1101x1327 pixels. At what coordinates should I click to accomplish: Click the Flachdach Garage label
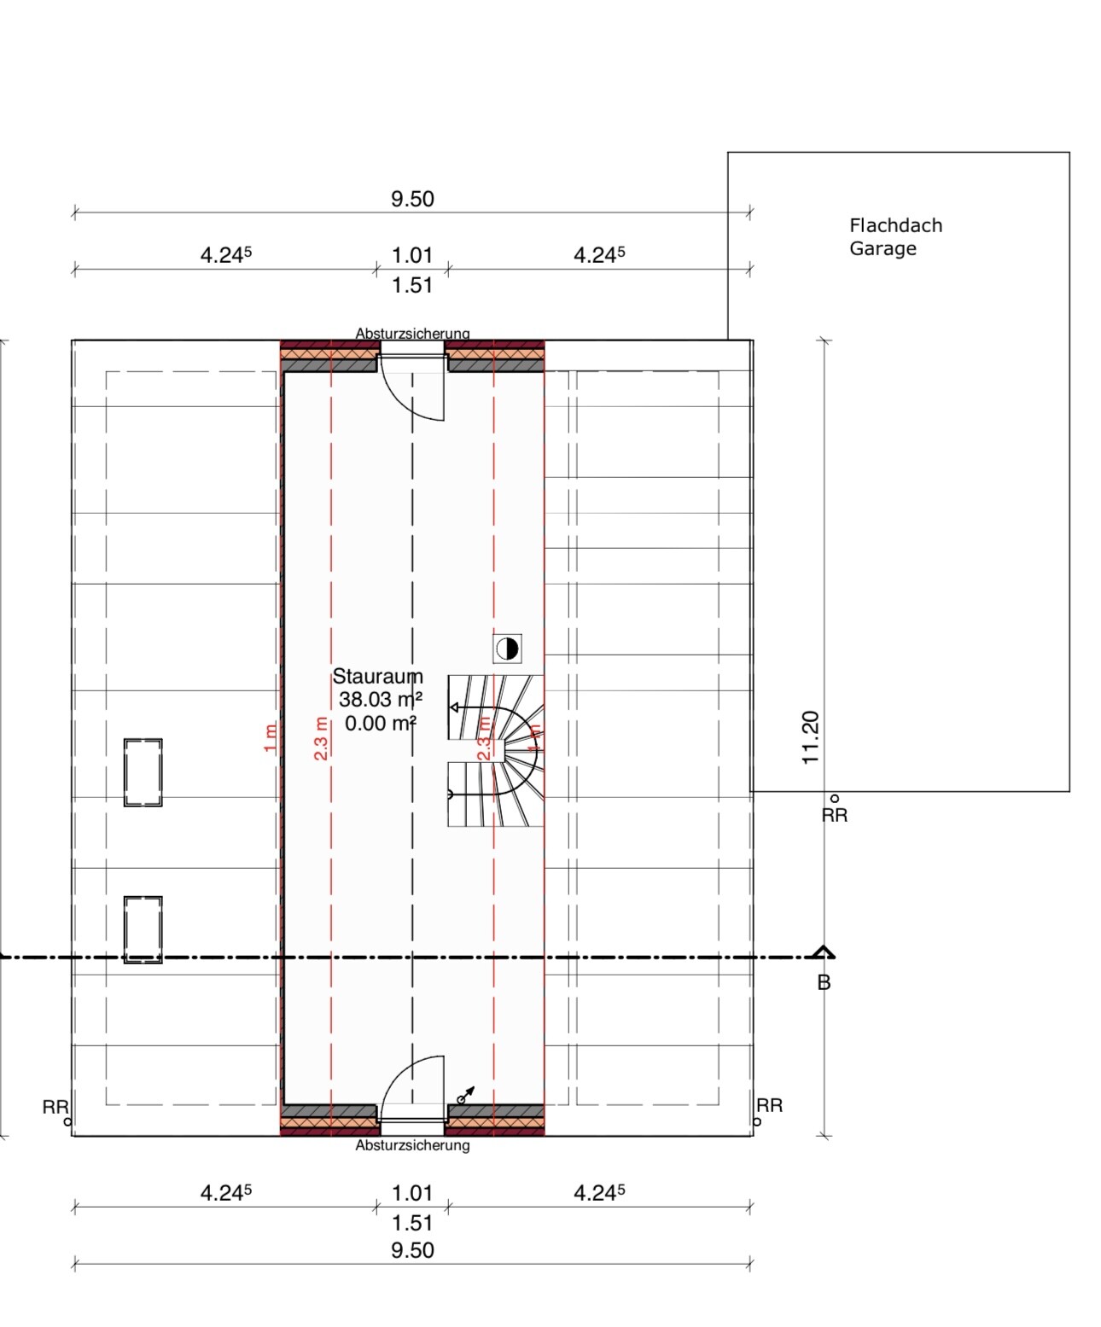click(x=895, y=236)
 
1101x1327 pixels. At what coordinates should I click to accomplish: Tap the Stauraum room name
click(x=377, y=676)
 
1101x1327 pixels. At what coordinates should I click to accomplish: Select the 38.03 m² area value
click(x=380, y=700)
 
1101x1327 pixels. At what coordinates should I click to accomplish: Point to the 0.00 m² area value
click(x=380, y=724)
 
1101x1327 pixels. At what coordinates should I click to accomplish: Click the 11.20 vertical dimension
click(x=811, y=737)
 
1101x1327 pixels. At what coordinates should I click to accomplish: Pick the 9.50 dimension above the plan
click(x=412, y=199)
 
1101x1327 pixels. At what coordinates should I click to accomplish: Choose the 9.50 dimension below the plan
click(x=412, y=1250)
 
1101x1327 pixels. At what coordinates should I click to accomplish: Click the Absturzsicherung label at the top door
click(x=412, y=333)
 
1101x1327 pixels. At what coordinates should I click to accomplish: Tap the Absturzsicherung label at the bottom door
click(x=412, y=1145)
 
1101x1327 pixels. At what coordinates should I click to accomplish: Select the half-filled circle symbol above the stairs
click(x=507, y=649)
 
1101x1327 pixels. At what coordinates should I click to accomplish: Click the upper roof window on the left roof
click(x=143, y=772)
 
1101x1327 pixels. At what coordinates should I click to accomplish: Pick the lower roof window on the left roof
click(x=143, y=930)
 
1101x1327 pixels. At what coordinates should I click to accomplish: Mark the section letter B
click(x=824, y=983)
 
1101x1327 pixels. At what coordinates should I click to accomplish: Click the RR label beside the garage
click(x=835, y=815)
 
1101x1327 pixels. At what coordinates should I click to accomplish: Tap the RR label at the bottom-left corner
click(x=55, y=1107)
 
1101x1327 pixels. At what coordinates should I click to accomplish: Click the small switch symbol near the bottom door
click(x=466, y=1094)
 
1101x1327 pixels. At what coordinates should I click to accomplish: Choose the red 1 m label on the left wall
click(x=271, y=737)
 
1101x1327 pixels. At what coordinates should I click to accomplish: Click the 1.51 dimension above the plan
click(x=412, y=285)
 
